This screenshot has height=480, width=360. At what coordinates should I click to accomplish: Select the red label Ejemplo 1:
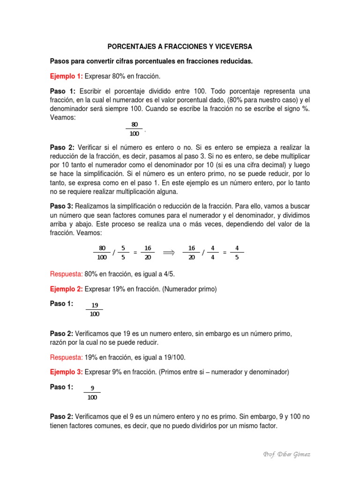[66, 76]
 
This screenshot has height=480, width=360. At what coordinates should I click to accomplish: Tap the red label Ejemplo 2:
[66, 290]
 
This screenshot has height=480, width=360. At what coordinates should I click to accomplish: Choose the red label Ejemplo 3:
[66, 372]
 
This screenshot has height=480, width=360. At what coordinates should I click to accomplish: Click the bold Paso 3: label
[61, 206]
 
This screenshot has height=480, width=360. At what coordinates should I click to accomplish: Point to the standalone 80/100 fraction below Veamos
[135, 129]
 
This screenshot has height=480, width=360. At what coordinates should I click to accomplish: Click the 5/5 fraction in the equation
[123, 253]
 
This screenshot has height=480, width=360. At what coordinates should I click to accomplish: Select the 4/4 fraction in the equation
[212, 253]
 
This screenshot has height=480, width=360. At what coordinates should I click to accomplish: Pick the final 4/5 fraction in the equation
[237, 253]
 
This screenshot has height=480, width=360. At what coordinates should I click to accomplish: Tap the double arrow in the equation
[168, 253]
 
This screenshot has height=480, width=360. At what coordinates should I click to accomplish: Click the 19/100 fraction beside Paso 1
[94, 309]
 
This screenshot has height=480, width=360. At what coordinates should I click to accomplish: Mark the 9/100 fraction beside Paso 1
[92, 392]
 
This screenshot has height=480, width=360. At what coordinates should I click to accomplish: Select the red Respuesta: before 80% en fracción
[66, 274]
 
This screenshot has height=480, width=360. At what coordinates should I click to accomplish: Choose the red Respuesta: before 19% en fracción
[66, 358]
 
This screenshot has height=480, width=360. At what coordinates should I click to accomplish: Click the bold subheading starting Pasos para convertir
[151, 61]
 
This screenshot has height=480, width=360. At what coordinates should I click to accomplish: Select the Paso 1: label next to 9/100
[61, 387]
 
